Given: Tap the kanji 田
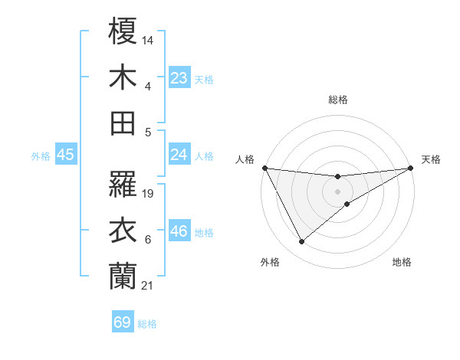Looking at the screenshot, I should [123, 123].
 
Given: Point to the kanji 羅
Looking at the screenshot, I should [123, 183].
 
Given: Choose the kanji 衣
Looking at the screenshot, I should [123, 230].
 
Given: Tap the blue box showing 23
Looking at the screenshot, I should [179, 78].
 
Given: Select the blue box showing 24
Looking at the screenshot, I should [179, 155].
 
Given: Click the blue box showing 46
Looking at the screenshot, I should [179, 231].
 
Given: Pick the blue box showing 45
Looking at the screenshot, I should [65, 155].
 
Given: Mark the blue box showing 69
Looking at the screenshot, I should [123, 322].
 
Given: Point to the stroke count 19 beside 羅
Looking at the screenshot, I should [149, 194].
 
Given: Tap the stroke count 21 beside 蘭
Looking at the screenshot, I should [148, 286].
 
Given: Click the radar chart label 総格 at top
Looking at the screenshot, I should [338, 100].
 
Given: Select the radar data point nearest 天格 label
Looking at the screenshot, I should [411, 168].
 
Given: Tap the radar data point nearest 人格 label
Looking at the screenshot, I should [264, 168].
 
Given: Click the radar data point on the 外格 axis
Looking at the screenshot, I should [301, 242].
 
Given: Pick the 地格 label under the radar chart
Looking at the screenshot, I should [402, 262].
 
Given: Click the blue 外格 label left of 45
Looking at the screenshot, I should [41, 156].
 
